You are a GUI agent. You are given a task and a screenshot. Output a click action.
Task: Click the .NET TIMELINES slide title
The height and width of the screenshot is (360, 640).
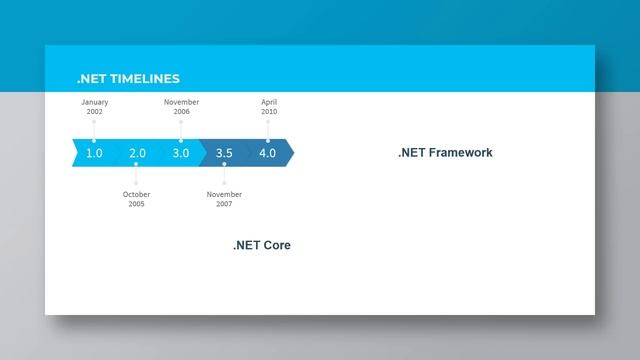point(128,79)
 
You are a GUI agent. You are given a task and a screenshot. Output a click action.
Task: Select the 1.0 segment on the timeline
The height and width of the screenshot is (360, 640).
point(94,153)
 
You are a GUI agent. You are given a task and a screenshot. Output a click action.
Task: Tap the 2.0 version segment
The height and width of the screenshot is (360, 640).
point(137,153)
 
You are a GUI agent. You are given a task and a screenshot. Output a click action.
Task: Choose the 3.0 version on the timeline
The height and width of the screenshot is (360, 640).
point(180,153)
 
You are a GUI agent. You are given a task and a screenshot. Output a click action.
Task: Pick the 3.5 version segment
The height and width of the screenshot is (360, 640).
point(224,153)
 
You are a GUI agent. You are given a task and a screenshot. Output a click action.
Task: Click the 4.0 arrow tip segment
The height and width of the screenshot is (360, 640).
point(268,153)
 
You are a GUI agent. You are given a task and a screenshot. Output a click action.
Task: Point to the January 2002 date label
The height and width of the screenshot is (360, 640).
point(94,107)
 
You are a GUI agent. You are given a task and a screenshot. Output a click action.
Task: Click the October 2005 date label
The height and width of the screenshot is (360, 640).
point(136,199)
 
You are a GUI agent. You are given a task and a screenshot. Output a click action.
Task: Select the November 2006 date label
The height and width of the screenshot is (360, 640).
point(181,107)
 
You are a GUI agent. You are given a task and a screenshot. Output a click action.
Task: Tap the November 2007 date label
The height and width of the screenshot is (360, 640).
point(224,199)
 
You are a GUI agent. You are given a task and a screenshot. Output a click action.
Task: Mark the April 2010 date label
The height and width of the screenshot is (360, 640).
point(269,107)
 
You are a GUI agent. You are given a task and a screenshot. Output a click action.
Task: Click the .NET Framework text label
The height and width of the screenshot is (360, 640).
point(445,153)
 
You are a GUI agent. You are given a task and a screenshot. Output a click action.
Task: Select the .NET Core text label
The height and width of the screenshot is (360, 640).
point(262,245)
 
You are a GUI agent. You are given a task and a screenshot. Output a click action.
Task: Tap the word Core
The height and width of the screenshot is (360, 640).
point(277,245)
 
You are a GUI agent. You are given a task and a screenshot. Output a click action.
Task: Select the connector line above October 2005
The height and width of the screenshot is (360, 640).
point(137,178)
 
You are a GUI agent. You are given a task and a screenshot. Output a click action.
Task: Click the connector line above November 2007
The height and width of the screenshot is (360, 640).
point(224,178)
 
